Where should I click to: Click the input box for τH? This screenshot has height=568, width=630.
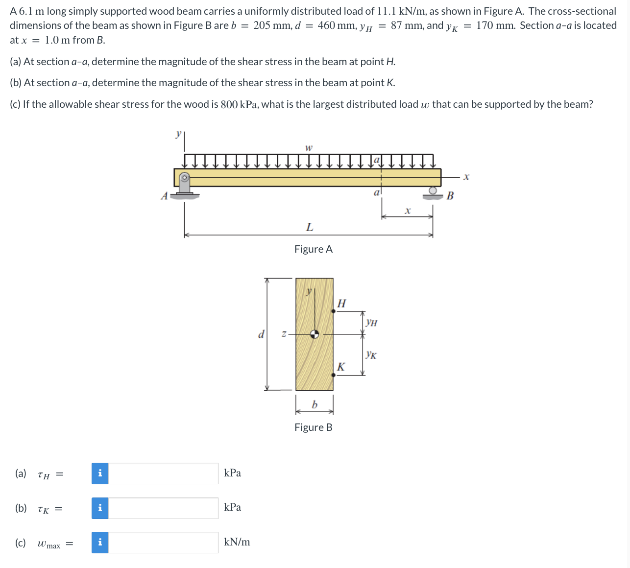pyautogui.click(x=163, y=473)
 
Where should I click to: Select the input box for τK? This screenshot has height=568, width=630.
pyautogui.click(x=163, y=508)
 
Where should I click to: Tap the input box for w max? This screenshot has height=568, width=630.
pyautogui.click(x=163, y=543)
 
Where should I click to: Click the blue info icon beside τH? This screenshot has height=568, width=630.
pyautogui.click(x=100, y=473)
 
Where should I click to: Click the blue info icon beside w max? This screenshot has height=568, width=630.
pyautogui.click(x=100, y=543)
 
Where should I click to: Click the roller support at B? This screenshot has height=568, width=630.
pyautogui.click(x=433, y=193)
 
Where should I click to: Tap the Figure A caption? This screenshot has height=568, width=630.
pyautogui.click(x=313, y=249)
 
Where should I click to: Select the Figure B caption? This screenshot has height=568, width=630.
pyautogui.click(x=313, y=427)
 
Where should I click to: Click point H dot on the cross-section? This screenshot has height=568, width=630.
pyautogui.click(x=334, y=310)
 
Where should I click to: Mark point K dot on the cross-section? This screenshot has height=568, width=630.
pyautogui.click(x=334, y=375)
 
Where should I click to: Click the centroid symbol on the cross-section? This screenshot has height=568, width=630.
pyautogui.click(x=315, y=334)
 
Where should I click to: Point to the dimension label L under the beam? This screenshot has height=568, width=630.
pyautogui.click(x=309, y=227)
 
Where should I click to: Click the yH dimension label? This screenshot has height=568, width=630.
pyautogui.click(x=371, y=323)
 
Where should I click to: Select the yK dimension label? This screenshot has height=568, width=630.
pyautogui.click(x=371, y=355)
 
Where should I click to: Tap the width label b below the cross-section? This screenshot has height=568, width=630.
pyautogui.click(x=315, y=404)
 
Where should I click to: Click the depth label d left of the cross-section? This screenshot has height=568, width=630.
pyautogui.click(x=261, y=334)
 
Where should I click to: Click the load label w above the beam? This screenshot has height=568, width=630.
pyautogui.click(x=309, y=147)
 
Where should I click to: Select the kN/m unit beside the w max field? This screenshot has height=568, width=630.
pyautogui.click(x=237, y=542)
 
